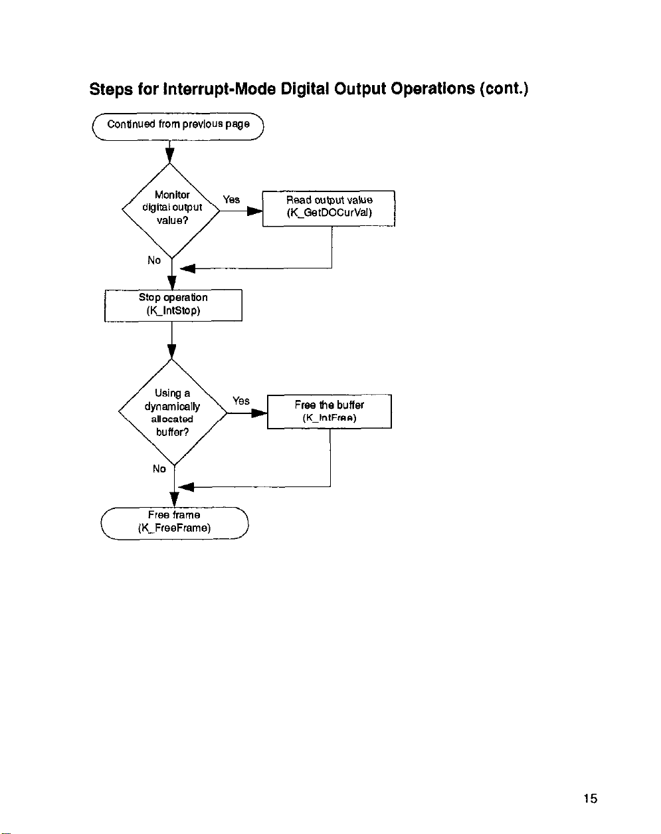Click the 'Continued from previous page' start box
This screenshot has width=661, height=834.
coord(178,126)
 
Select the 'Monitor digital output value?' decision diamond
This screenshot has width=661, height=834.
coord(171,211)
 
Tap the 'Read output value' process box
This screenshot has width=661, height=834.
coord(329,209)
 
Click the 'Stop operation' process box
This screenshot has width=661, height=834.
coord(173,306)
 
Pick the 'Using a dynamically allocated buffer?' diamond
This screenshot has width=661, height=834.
coord(173,413)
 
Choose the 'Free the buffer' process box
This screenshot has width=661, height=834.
coord(330,411)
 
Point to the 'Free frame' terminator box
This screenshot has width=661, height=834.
coord(174,523)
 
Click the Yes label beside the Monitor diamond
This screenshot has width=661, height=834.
coord(231,199)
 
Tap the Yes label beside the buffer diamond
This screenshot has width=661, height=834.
coord(241,401)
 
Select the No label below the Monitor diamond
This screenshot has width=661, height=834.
coord(154,261)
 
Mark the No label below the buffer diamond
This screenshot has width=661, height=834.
coord(159,469)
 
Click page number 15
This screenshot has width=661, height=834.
coord(591,798)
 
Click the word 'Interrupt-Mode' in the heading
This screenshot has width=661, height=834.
coord(220,89)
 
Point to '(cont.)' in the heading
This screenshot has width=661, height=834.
coord(504,89)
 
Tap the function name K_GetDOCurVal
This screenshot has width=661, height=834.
coord(330,213)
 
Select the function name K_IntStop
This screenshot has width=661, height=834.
coord(173,311)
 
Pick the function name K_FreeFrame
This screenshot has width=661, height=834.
coord(174,528)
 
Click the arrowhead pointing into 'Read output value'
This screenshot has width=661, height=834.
coord(255,211)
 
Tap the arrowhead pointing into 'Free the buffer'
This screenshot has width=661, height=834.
coord(260,413)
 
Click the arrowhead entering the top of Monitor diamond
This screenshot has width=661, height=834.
coord(169,156)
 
